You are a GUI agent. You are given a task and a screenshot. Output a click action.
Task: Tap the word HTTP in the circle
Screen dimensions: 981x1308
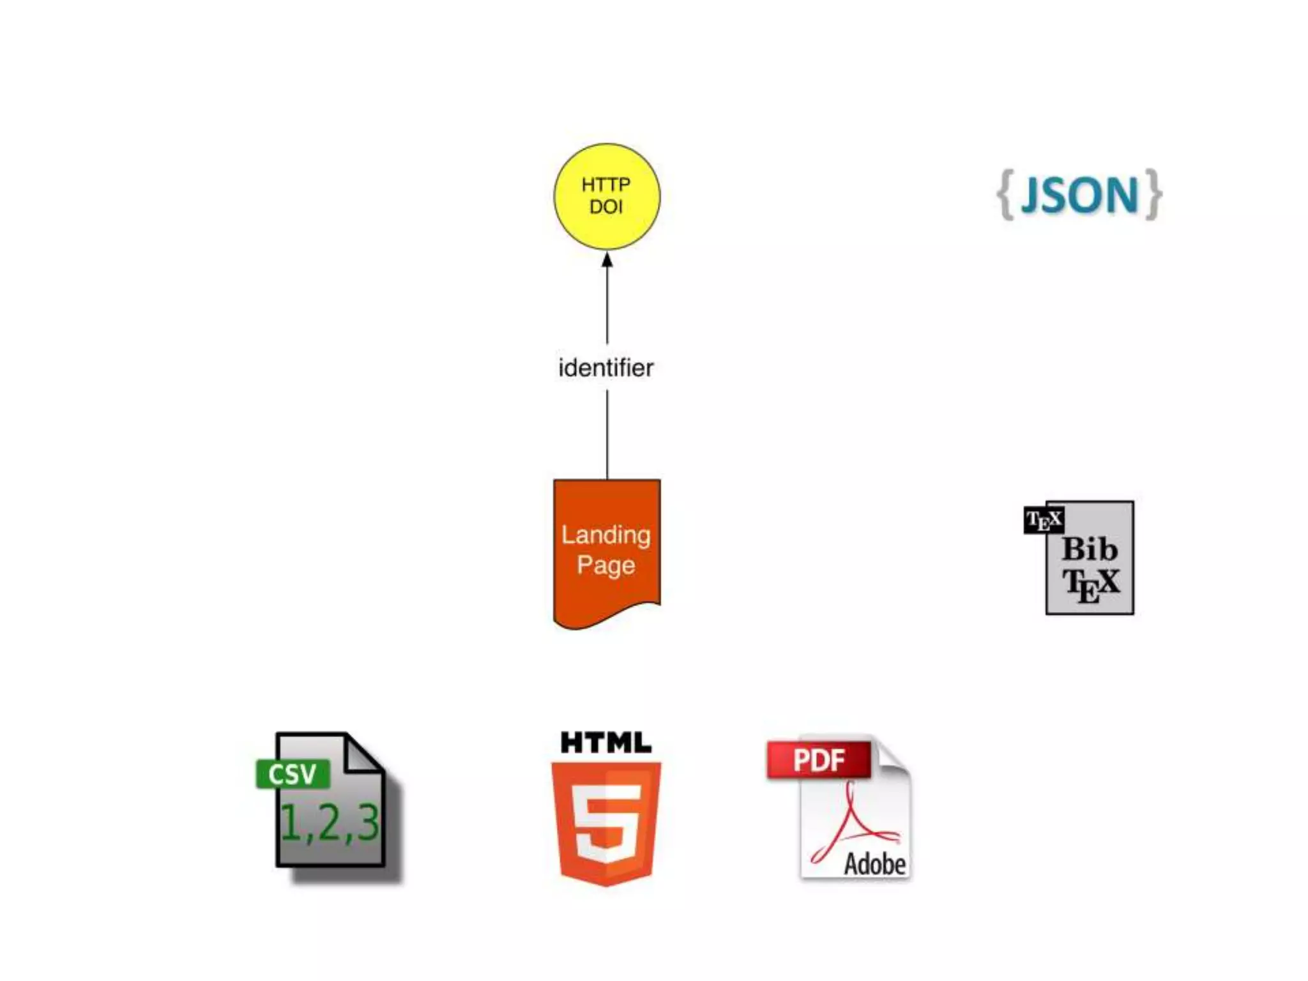(x=605, y=185)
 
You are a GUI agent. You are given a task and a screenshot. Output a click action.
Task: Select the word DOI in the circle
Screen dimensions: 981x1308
(x=605, y=207)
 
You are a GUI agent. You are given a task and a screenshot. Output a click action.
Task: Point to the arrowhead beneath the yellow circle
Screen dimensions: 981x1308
(x=607, y=260)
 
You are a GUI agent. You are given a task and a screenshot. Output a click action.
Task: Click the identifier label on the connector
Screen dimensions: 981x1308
(x=605, y=368)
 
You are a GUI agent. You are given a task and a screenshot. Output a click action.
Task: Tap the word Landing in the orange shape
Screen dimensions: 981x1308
(x=605, y=535)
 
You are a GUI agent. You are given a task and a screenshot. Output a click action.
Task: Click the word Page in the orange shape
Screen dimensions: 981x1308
(x=605, y=565)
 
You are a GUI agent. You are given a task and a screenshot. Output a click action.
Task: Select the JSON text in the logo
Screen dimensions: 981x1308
(x=1079, y=195)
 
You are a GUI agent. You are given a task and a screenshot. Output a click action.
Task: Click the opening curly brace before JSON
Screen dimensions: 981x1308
(x=1005, y=195)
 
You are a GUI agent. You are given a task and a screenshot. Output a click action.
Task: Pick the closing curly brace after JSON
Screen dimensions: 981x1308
(x=1153, y=195)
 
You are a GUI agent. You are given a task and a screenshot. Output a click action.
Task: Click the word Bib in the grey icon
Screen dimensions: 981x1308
(x=1090, y=549)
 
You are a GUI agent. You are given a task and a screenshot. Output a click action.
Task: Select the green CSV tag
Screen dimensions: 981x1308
(x=293, y=774)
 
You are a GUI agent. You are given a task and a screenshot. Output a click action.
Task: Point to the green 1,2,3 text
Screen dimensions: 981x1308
(x=330, y=823)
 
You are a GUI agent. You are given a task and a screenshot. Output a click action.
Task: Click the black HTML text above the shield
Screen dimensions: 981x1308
(x=605, y=743)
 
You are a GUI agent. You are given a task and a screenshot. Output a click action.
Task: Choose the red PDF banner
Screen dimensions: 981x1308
(x=819, y=760)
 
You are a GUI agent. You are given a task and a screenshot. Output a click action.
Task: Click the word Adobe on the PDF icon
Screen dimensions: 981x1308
(x=874, y=864)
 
